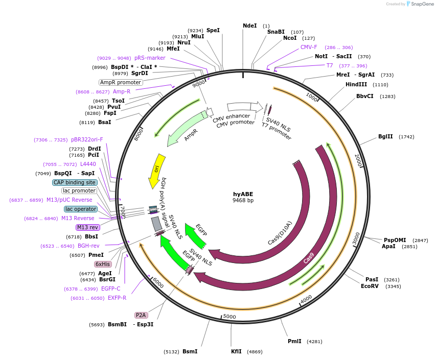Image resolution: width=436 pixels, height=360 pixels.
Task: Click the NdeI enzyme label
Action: [250, 26]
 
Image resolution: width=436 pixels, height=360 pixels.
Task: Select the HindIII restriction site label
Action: [356, 85]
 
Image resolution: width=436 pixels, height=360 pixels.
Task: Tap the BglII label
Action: [385, 136]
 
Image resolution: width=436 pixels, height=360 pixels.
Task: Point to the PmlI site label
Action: [294, 341]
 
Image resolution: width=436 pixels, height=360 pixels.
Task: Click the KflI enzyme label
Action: [236, 351]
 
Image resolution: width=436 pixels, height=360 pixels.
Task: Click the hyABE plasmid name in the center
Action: [243, 194]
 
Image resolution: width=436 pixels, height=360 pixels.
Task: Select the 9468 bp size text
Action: [243, 201]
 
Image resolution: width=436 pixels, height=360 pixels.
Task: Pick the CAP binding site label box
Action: [75, 182]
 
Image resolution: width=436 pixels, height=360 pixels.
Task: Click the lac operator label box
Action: [81, 209]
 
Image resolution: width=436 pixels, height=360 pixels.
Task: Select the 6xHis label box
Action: [103, 264]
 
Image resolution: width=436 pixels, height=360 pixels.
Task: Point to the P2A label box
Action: [141, 315]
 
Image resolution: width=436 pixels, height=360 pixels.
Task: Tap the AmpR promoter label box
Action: [121, 82]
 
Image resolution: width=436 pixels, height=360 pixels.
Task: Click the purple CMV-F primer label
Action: [309, 47]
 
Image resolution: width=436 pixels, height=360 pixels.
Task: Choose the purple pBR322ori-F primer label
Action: [87, 139]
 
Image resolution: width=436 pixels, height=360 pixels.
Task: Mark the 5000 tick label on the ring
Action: [230, 317]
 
